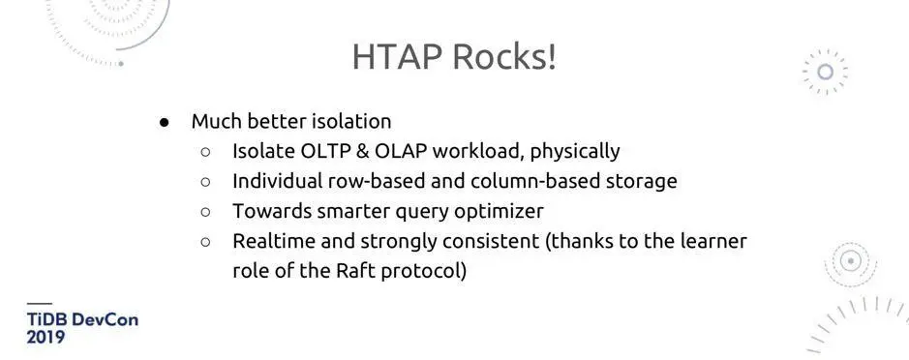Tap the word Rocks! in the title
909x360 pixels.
[504, 57]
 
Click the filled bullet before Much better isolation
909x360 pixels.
[165, 122]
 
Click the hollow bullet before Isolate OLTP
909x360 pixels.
[205, 152]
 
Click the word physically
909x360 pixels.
[575, 152]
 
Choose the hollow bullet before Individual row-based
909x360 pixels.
[205, 181]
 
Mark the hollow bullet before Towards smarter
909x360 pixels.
[205, 212]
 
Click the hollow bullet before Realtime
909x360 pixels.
[205, 242]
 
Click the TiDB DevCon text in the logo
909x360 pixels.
[82, 320]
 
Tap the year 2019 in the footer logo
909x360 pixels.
[45, 338]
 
